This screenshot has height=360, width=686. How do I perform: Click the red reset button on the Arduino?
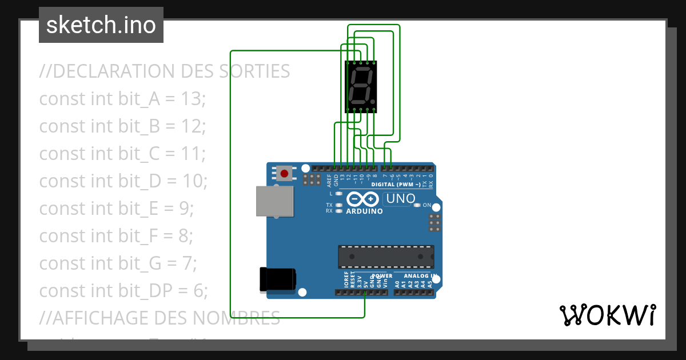point(284,173)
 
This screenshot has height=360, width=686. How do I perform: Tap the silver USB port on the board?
point(274,201)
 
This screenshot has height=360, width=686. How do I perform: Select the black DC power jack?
point(278,278)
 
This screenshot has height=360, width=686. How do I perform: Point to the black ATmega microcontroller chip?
point(386,257)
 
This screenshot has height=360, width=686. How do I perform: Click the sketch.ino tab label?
point(101,25)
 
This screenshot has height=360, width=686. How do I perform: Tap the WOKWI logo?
point(607,315)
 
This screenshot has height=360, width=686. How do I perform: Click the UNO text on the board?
point(401,199)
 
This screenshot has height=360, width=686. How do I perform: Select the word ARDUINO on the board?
point(364,211)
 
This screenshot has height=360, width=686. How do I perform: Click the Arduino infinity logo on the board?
point(363,199)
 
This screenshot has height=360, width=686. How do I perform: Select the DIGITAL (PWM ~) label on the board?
point(396,185)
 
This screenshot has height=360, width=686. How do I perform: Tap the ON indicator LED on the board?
point(417,205)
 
